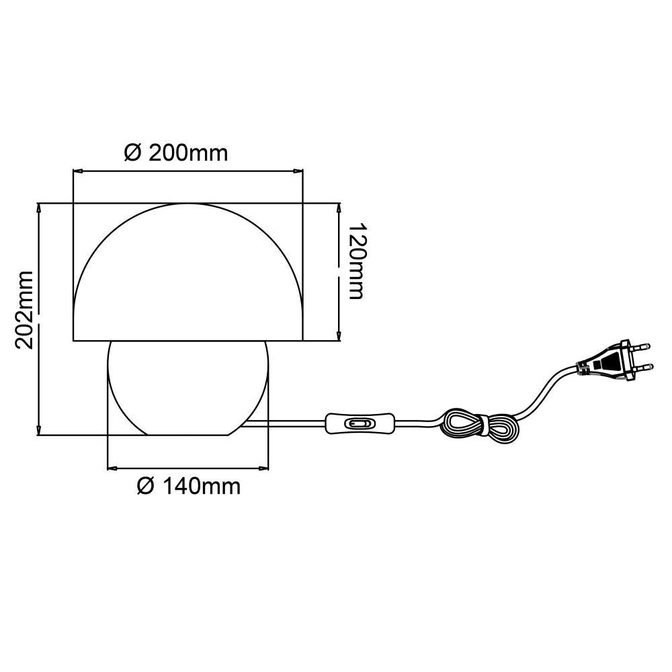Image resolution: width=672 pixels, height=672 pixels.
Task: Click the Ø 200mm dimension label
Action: pyautogui.click(x=175, y=153)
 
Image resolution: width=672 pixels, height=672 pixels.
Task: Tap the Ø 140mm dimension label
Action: pyautogui.click(x=189, y=486)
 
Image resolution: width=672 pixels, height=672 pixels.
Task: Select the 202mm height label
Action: pyautogui.click(x=24, y=309)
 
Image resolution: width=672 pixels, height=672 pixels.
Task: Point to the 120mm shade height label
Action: pyautogui.click(x=357, y=261)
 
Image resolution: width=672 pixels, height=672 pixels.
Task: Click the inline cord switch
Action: pyautogui.click(x=360, y=423)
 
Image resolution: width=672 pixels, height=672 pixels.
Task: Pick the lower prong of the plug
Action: pyautogui.click(x=642, y=366)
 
